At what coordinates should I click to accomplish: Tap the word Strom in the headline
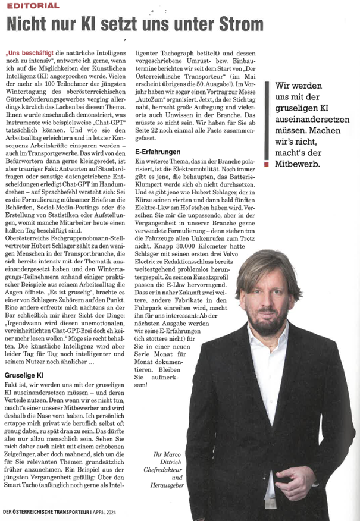click(236, 23)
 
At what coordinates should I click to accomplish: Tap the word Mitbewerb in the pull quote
click(296, 163)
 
